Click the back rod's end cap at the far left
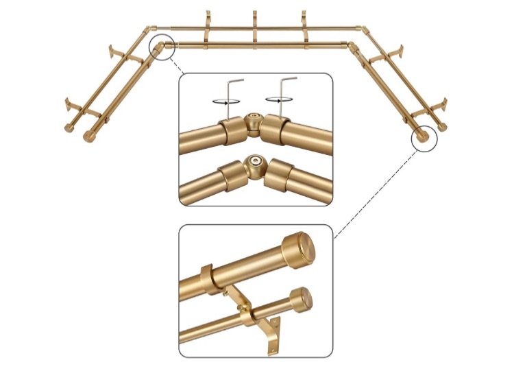tap(70, 128)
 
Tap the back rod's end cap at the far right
tap(443, 128)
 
